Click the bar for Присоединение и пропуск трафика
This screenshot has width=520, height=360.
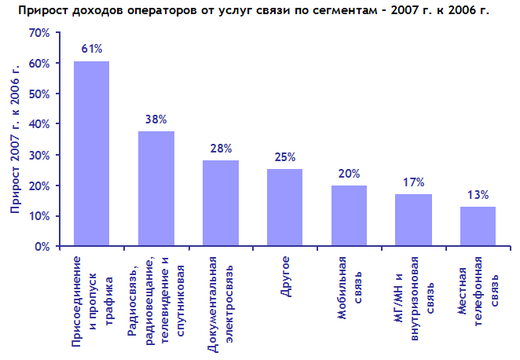tap(91, 153)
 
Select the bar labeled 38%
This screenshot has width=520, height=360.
tap(156, 189)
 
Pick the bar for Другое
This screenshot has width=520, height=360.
tap(284, 208)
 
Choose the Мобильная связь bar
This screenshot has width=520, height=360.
tap(349, 215)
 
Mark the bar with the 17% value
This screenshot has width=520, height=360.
tap(413, 220)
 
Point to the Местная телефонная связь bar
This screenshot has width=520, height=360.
tap(478, 226)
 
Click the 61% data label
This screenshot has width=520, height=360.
tap(92, 49)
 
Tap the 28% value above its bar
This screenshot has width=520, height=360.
tap(221, 148)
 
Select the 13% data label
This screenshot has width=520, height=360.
tap(478, 194)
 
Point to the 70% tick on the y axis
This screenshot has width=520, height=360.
tap(38, 33)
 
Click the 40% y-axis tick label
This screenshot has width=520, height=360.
tap(38, 124)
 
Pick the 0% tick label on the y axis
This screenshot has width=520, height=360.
tap(42, 247)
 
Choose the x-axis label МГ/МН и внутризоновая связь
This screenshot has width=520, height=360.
tap(414, 298)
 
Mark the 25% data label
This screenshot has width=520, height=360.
tap(285, 156)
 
